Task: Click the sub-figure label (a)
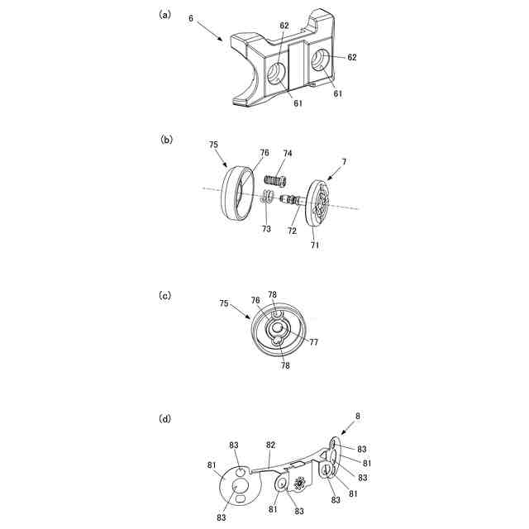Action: coord(164,15)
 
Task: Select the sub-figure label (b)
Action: coord(166,140)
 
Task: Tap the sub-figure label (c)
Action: coord(164,296)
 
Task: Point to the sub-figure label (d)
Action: coord(164,419)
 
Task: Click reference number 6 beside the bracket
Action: coord(191,18)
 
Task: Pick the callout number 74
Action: coord(288,154)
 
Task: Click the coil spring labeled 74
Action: coord(275,180)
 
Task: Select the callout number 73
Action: coord(266,229)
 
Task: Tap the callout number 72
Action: coord(292,231)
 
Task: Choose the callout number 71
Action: coord(314,245)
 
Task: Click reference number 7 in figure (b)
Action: coord(344,162)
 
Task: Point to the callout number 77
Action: coord(314,342)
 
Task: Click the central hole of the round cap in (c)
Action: coord(278,327)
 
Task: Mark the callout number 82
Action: coord(270,446)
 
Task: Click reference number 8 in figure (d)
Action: coord(358,417)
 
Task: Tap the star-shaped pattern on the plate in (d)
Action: coord(299,484)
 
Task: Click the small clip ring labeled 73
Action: coord(266,197)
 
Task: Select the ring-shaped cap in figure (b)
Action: coord(237,193)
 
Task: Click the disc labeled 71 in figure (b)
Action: coord(317,203)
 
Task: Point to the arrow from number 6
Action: coord(210,31)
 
